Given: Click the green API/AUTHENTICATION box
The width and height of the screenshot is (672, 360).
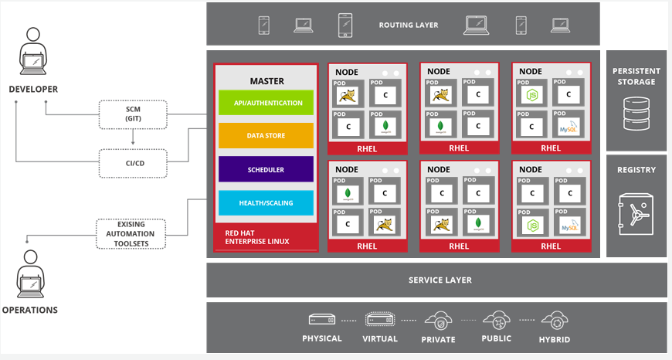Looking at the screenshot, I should click(265, 103).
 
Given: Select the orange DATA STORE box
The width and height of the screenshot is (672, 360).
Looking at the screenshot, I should click(265, 136).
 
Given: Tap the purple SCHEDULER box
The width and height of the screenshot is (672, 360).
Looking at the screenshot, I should click(265, 169).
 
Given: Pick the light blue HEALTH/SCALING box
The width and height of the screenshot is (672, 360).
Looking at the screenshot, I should click(265, 202).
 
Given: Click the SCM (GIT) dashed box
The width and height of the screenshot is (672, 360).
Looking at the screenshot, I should click(133, 114).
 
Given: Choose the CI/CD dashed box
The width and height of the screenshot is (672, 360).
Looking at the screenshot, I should click(133, 163).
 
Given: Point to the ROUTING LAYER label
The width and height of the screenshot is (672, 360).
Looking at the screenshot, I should click(409, 25).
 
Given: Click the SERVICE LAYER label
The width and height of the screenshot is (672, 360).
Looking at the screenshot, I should click(440, 280).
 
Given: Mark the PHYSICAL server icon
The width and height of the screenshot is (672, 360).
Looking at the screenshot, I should click(321, 320).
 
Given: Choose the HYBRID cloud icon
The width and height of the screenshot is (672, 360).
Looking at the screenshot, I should click(555, 320).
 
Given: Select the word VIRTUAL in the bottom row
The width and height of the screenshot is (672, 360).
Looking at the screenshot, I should click(380, 339).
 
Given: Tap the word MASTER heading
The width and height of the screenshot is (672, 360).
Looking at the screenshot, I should click(266, 81).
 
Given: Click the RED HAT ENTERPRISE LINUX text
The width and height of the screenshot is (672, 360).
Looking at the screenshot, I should click(256, 236).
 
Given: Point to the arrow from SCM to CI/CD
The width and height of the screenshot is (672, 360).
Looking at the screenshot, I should click(133, 138).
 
